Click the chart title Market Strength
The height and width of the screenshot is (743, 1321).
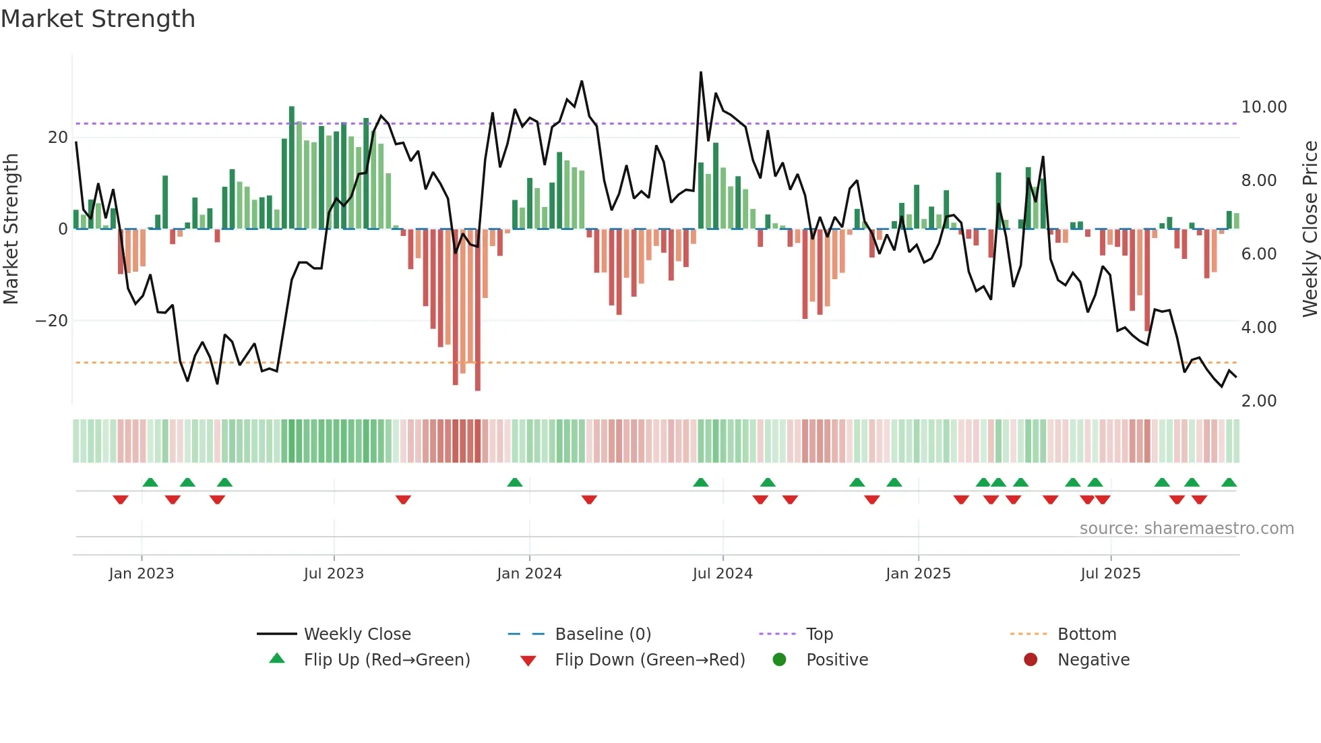[98, 19]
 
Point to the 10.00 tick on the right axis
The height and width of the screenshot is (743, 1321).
[1264, 107]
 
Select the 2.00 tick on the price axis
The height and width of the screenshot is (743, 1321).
[1258, 401]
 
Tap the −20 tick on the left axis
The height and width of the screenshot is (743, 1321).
[51, 321]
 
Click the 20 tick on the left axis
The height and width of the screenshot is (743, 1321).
[57, 138]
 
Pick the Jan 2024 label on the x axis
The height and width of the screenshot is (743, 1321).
[529, 574]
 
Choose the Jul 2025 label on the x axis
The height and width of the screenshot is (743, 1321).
[1110, 574]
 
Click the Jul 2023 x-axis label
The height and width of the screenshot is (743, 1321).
[334, 574]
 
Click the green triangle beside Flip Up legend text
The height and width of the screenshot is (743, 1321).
[277, 659]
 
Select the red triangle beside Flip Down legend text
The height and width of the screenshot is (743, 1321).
[528, 661]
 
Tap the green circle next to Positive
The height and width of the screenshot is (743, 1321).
[779, 660]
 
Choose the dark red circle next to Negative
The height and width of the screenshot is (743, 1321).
[1031, 660]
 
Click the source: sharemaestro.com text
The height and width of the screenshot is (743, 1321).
[1186, 529]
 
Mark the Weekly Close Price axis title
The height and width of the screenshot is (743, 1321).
[1310, 229]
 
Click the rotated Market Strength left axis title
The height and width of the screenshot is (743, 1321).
[11, 229]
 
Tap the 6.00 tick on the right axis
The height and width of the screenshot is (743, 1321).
[1258, 254]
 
